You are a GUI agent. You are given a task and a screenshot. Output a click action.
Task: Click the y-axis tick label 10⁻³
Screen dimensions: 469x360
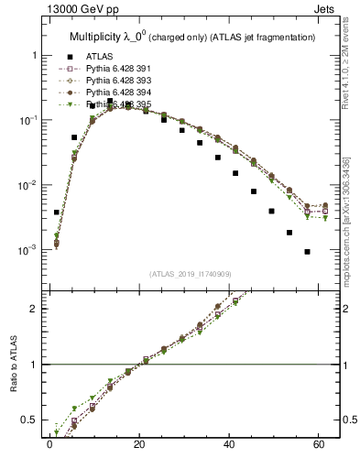click(27, 250)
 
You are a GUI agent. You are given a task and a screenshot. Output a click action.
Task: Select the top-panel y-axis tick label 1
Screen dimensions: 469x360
click(34, 56)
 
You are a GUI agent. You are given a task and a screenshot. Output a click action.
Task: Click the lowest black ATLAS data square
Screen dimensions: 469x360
click(307, 252)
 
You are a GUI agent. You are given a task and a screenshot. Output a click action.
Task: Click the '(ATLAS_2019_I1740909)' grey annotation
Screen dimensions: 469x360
click(190, 273)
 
